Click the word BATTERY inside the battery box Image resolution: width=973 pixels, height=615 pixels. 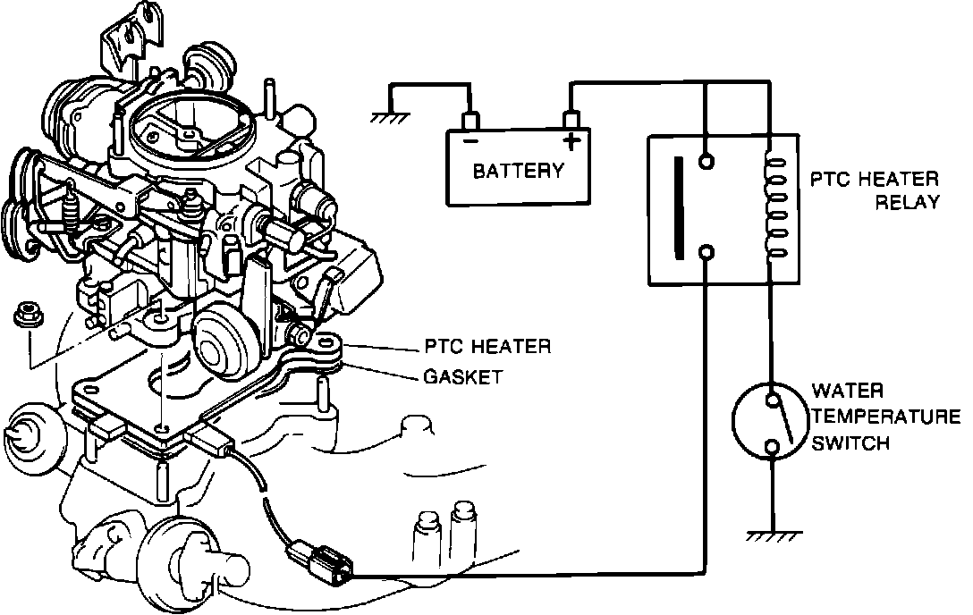(x=518, y=170)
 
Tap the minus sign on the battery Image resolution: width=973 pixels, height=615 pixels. (x=468, y=141)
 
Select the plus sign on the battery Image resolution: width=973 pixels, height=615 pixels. (x=571, y=140)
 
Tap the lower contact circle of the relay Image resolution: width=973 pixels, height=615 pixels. (x=707, y=253)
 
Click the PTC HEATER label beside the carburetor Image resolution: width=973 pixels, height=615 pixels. (x=486, y=346)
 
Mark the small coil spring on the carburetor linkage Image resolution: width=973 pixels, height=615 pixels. (x=72, y=211)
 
